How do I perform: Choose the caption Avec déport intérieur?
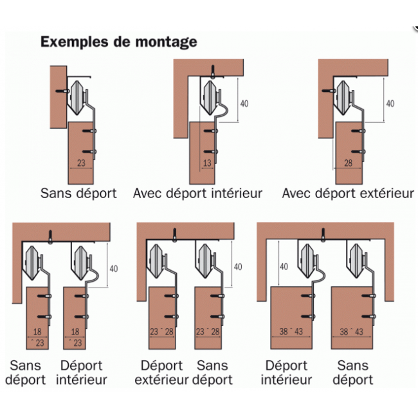coord(198,193)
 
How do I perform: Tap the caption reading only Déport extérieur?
coord(162,372)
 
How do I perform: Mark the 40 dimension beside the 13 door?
coord(244,103)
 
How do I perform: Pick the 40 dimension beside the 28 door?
coord(390,103)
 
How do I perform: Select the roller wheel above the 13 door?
coord(210,96)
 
